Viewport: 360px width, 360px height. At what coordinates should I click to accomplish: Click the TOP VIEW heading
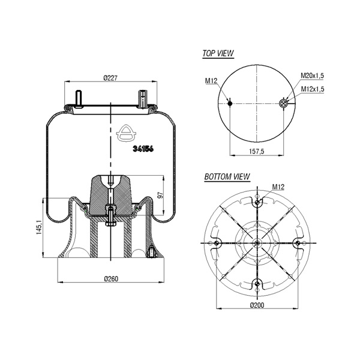point(218,53)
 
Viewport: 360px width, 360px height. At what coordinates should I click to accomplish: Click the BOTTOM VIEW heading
point(227,176)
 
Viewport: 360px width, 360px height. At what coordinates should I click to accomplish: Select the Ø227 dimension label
point(110,78)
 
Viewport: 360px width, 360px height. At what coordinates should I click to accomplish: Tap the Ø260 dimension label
point(111,279)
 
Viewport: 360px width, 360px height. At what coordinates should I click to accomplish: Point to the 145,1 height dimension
point(39,227)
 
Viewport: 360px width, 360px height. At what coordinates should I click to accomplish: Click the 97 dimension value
point(161,195)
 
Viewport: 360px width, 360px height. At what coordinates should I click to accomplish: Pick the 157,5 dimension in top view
point(257,151)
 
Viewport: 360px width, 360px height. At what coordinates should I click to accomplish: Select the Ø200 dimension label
point(257,305)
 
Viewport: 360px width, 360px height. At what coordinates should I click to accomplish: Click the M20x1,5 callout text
point(312,76)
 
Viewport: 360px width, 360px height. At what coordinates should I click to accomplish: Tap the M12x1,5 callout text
point(313,89)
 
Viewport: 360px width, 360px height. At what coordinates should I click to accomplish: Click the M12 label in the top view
point(211,80)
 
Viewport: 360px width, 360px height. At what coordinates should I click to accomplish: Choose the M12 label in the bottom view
point(278,187)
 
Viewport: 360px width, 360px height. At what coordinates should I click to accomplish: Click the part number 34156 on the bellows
point(143,149)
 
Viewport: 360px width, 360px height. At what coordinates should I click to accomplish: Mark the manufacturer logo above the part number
point(126,133)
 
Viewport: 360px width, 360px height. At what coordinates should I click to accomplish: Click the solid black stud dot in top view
point(230,104)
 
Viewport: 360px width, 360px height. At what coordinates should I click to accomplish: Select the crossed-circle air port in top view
point(283,104)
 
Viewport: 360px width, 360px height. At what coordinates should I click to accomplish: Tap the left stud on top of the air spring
point(79,99)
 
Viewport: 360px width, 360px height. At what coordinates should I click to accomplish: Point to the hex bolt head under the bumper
point(110,223)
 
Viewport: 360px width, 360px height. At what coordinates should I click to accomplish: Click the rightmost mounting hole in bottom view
point(298,243)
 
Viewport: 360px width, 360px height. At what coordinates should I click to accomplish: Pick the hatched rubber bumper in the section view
point(111,196)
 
